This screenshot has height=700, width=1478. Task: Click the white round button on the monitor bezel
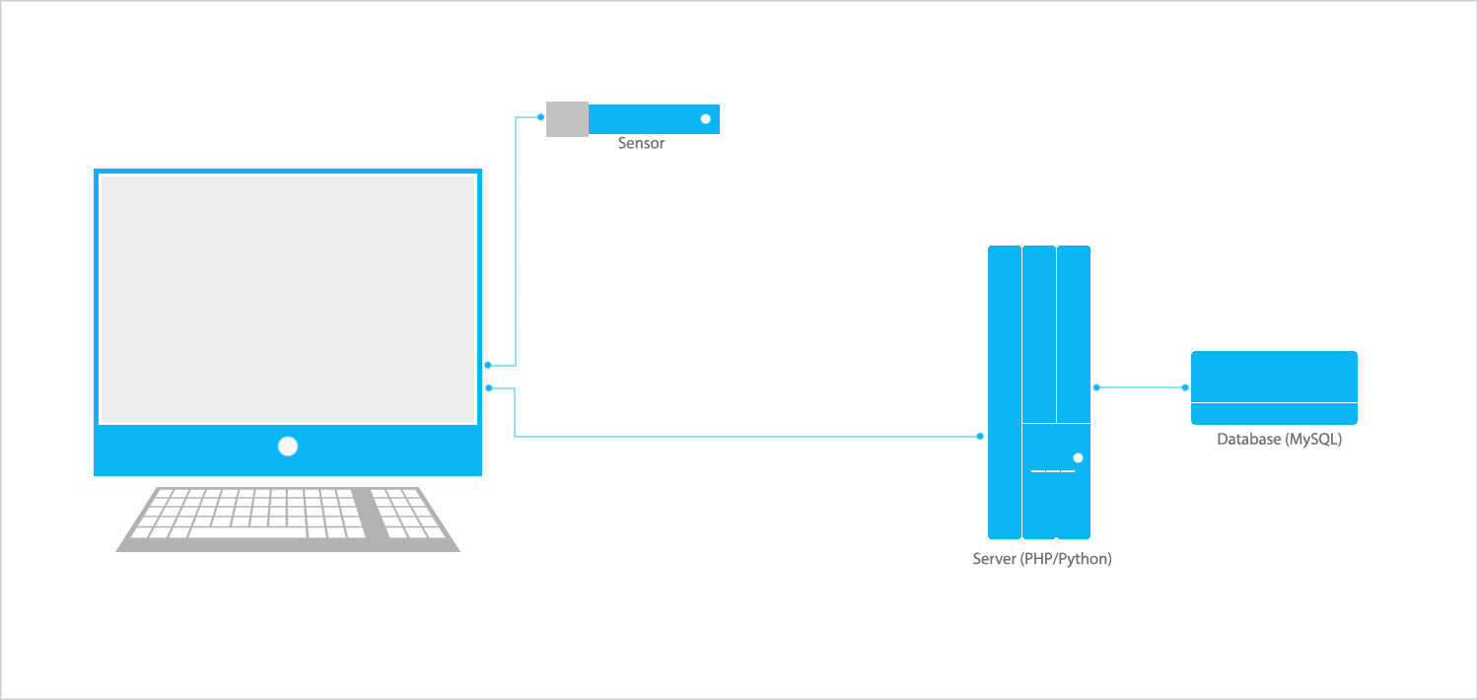(x=288, y=447)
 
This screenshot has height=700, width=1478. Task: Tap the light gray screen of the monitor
(x=288, y=299)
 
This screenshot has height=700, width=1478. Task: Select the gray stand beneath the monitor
(x=288, y=519)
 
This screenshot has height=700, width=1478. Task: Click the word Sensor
(x=641, y=144)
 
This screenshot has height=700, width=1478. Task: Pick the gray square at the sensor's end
(x=567, y=119)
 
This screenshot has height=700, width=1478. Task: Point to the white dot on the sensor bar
(x=706, y=119)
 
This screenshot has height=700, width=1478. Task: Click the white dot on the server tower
(x=1078, y=457)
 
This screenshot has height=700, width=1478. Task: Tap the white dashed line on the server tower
(x=1052, y=471)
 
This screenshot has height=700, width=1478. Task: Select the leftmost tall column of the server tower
(x=1005, y=391)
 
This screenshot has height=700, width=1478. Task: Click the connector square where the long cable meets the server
(x=980, y=436)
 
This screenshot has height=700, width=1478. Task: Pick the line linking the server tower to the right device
(x=1141, y=388)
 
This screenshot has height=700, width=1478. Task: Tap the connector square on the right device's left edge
(x=1185, y=388)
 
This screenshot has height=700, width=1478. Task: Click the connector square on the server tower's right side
(x=1096, y=388)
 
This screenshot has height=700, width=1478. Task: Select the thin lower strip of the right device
(x=1274, y=414)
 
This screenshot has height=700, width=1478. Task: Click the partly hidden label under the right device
(x=1279, y=440)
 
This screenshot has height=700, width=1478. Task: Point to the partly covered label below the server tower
(x=1042, y=560)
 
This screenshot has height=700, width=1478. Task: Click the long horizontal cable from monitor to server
(x=749, y=436)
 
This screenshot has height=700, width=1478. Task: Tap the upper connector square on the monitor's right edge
(x=488, y=366)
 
